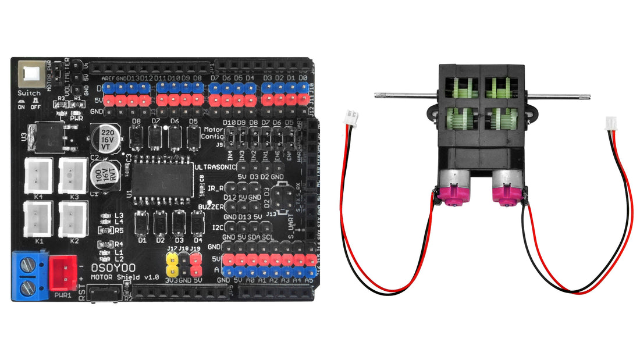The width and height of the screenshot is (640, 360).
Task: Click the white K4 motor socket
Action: [39, 176]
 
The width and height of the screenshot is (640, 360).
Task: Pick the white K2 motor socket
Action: [73, 219]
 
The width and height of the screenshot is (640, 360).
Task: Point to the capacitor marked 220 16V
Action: [105, 140]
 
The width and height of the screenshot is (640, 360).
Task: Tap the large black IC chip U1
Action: [162, 181]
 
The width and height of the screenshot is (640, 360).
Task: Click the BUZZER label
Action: [211, 207]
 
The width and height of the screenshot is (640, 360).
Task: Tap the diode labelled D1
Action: [140, 223]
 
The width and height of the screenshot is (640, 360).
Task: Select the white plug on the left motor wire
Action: [352, 116]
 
